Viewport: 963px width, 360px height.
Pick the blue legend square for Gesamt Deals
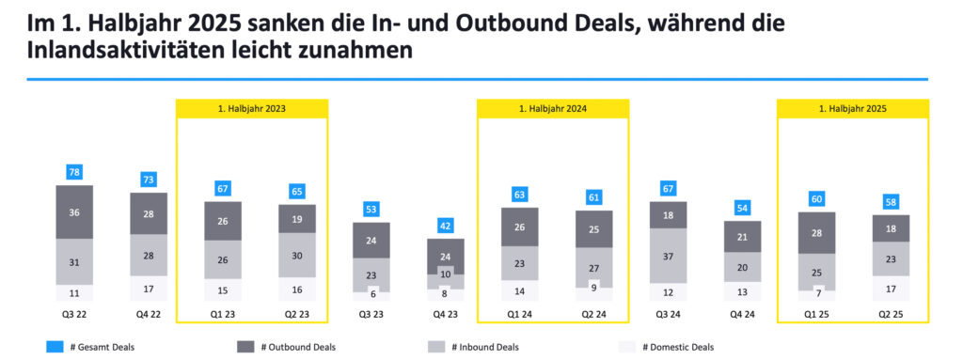(x=55, y=347)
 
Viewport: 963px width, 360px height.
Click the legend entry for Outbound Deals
(x=292, y=347)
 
